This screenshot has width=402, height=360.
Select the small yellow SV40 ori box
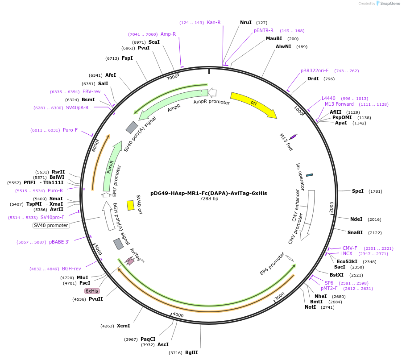point(130,205)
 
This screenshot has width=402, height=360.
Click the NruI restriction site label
point(246,22)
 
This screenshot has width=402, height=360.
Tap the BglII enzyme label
point(191,352)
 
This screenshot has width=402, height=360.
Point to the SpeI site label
point(358,191)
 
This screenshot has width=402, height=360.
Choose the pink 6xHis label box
point(92,291)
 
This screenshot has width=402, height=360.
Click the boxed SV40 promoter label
point(51,225)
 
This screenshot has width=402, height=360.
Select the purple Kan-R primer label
point(214,22)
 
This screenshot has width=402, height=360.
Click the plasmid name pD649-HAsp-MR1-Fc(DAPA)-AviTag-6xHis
point(208,193)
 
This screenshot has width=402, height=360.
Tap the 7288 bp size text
point(209,199)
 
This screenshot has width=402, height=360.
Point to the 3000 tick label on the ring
point(279,296)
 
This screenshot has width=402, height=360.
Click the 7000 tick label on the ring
point(172,77)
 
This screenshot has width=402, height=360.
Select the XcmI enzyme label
point(123,326)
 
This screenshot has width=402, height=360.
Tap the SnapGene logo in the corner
point(388,4)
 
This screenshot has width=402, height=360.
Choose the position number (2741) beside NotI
point(327,307)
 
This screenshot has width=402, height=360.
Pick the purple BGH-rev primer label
point(71,269)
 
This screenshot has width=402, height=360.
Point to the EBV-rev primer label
point(91,91)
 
